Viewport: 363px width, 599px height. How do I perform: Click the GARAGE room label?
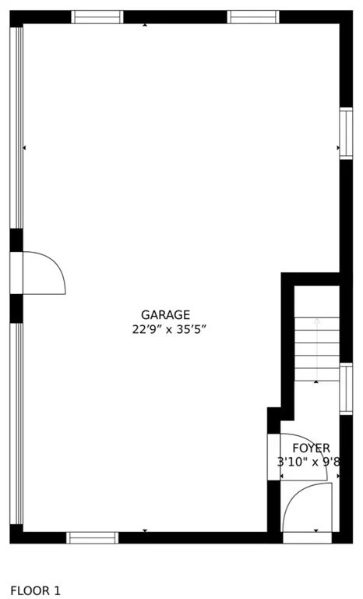click(165, 315)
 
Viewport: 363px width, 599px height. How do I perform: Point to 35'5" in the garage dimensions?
click(192, 329)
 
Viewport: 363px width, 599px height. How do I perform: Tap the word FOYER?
click(311, 448)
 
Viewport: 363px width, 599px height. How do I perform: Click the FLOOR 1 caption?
click(35, 590)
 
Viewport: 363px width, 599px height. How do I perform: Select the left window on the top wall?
click(97, 17)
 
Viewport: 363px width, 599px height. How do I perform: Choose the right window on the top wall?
click(253, 17)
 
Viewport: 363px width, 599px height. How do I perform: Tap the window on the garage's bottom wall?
click(93, 537)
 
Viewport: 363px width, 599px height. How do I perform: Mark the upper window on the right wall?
click(346, 133)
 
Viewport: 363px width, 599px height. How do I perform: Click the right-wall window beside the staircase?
click(346, 389)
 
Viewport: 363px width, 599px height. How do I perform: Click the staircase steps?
click(317, 349)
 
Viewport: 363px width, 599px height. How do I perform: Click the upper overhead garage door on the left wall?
click(16, 128)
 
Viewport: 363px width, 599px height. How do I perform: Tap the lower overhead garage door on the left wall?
click(16, 424)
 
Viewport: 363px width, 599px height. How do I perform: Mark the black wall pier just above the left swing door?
click(16, 240)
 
